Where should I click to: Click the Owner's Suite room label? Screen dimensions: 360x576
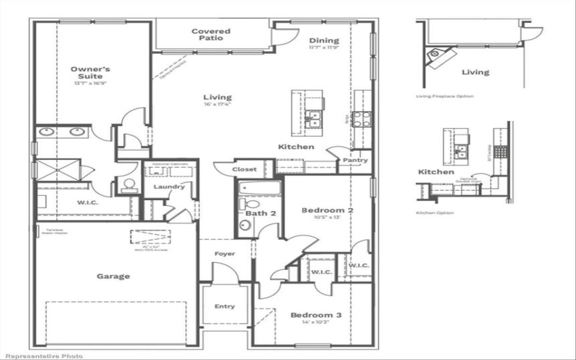tap(86, 72)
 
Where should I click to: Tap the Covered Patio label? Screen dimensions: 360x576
tap(210, 35)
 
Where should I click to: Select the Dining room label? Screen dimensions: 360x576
tap(324, 40)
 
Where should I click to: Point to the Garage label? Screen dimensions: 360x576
tap(113, 276)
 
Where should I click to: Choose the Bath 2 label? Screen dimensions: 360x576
tap(261, 214)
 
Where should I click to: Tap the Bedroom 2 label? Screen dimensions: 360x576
tap(327, 210)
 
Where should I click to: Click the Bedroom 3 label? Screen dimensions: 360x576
tap(315, 315)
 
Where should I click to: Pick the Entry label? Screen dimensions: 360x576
tap(225, 307)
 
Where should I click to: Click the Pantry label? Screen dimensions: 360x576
tap(354, 161)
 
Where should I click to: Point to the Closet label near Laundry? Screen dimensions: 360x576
tap(244, 169)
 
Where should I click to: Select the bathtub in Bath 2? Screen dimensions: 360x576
tap(259, 189)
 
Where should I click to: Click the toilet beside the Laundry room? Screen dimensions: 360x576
tap(130, 186)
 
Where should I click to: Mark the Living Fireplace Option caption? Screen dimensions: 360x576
tap(444, 96)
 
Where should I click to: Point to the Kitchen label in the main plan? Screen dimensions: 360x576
tap(296, 147)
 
